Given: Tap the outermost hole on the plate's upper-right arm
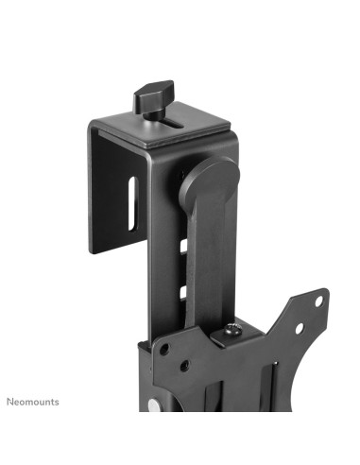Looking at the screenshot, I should click(318, 301).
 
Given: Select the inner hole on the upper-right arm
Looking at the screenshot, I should click(299, 328).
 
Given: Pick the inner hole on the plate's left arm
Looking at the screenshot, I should click(186, 362).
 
